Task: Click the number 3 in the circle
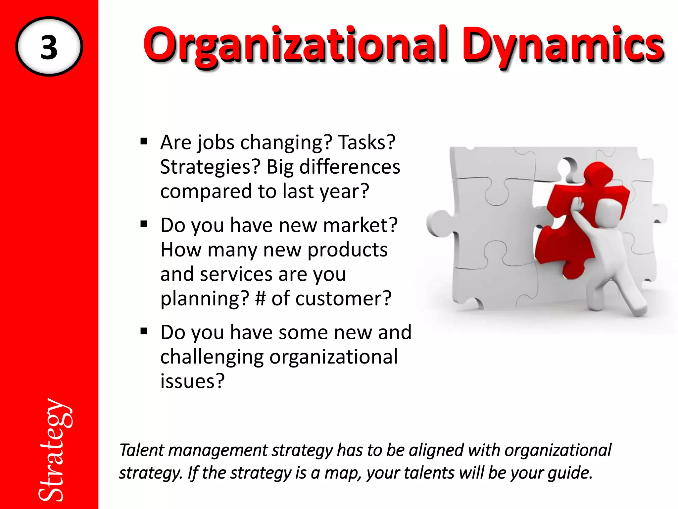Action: click(x=49, y=47)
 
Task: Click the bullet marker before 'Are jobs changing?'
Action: click(x=144, y=142)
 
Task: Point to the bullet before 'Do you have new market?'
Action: click(x=144, y=225)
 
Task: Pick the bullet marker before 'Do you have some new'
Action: click(x=144, y=331)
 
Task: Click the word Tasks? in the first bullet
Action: click(x=366, y=142)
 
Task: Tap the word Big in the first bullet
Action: click(x=280, y=167)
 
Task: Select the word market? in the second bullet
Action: click(x=360, y=225)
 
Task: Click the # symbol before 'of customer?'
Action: click(x=260, y=298)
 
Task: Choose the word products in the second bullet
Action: click(x=347, y=250)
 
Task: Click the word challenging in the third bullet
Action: click(x=212, y=357)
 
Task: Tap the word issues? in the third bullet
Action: click(x=192, y=381)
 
